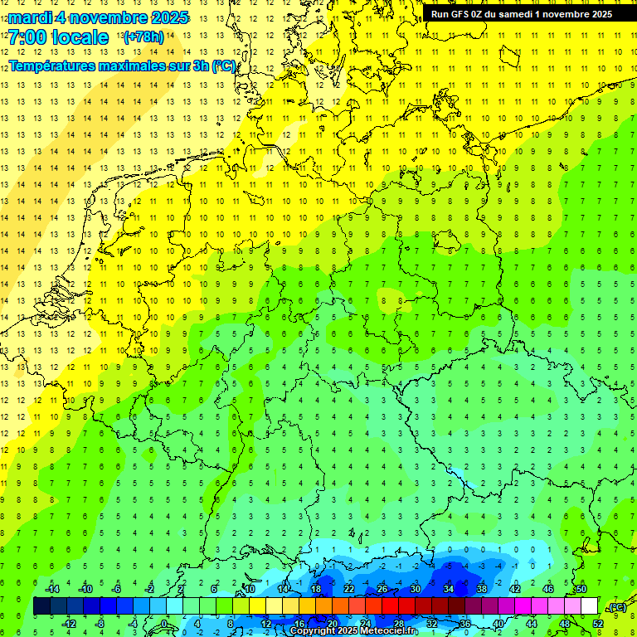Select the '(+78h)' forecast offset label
click(143, 37)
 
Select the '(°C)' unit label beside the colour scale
click(616, 607)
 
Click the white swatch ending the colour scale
click(590, 606)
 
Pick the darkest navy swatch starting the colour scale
click(41, 606)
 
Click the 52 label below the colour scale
click(598, 624)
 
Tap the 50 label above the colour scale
click(581, 589)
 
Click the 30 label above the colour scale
click(416, 589)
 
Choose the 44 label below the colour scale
click(532, 624)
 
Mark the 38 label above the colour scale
click(482, 589)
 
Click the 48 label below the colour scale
click(565, 624)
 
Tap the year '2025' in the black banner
click(601, 14)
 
